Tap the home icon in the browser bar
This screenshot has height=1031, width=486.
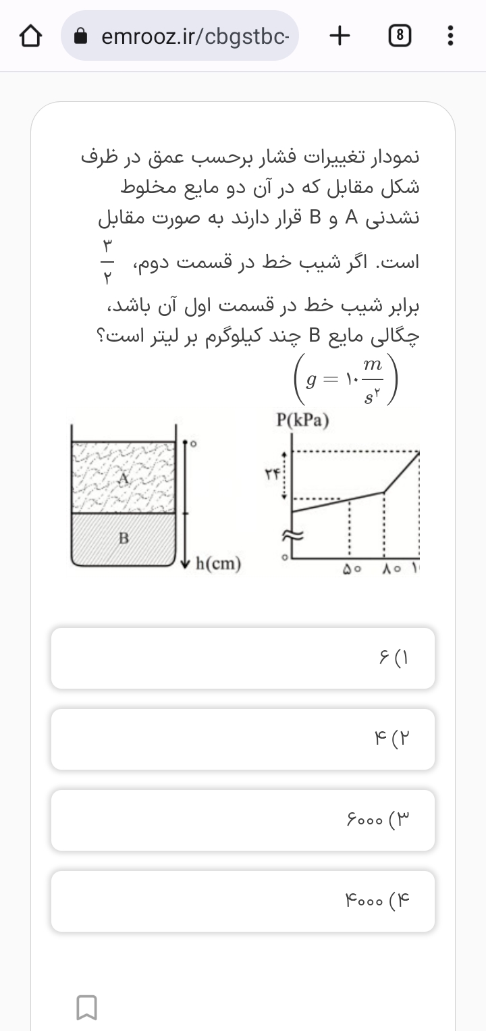pyautogui.click(x=31, y=36)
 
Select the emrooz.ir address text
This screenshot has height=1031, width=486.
pyautogui.click(x=195, y=36)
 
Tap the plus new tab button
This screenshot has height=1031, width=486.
pyautogui.click(x=340, y=36)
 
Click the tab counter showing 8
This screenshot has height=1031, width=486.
pyautogui.click(x=400, y=36)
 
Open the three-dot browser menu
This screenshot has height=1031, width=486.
pyautogui.click(x=450, y=36)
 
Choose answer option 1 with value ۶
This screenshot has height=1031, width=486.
pyautogui.click(x=243, y=658)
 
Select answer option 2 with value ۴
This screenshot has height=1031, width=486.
pyautogui.click(x=243, y=739)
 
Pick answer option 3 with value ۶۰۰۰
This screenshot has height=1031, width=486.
pyautogui.click(x=243, y=820)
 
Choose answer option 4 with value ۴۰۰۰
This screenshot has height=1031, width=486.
pyautogui.click(x=243, y=901)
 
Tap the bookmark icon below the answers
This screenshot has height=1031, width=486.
pyautogui.click(x=87, y=1007)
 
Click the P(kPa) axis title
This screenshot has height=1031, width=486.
pyautogui.click(x=303, y=421)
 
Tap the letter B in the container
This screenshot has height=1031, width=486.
pyautogui.click(x=124, y=539)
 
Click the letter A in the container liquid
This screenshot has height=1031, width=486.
pyautogui.click(x=124, y=479)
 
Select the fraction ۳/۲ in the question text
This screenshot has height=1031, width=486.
pyautogui.click(x=108, y=261)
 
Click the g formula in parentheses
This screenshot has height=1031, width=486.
pyautogui.click(x=344, y=382)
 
